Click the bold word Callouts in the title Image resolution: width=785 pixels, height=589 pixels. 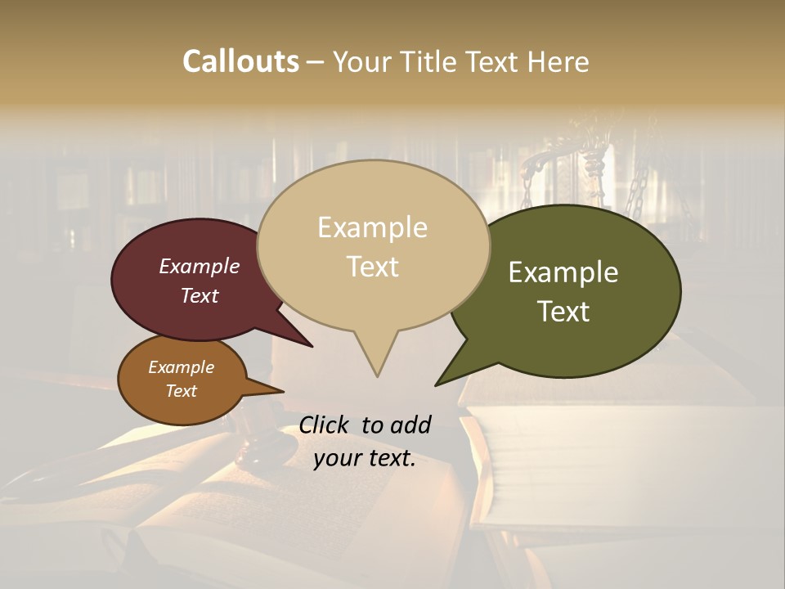click(x=240, y=61)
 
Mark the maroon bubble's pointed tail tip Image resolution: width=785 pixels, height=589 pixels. click(x=312, y=346)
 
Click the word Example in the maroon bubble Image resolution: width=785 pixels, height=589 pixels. click(x=200, y=266)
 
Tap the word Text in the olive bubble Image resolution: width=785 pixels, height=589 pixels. click(x=563, y=311)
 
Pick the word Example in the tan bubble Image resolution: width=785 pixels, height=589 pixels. click(x=372, y=227)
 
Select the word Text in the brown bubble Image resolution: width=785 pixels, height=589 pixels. click(x=182, y=391)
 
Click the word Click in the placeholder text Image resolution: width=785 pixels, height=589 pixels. click(x=325, y=425)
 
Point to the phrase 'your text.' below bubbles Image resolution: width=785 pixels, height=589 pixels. click(x=365, y=458)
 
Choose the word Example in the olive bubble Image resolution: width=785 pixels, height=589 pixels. click(x=563, y=272)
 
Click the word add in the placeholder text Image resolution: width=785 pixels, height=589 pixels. click(x=410, y=425)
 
